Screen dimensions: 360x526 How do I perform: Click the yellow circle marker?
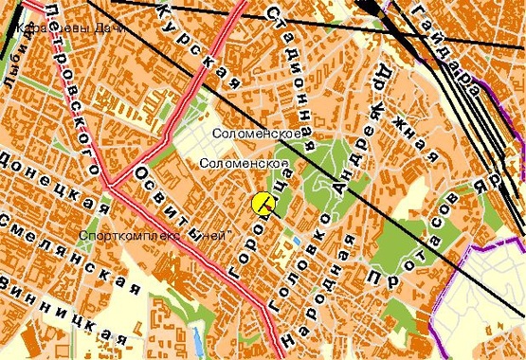[263, 203]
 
